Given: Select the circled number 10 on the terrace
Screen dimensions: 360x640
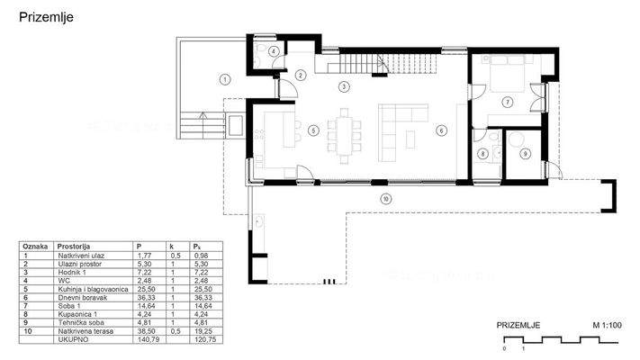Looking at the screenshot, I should pos(385,198).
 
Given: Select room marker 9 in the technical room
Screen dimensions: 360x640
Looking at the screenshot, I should pos(526,154).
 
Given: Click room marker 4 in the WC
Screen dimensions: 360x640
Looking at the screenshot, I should pos(273,52).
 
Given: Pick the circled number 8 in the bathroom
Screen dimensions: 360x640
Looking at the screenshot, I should pos(483,155).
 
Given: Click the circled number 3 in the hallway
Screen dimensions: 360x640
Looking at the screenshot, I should pos(343,88).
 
